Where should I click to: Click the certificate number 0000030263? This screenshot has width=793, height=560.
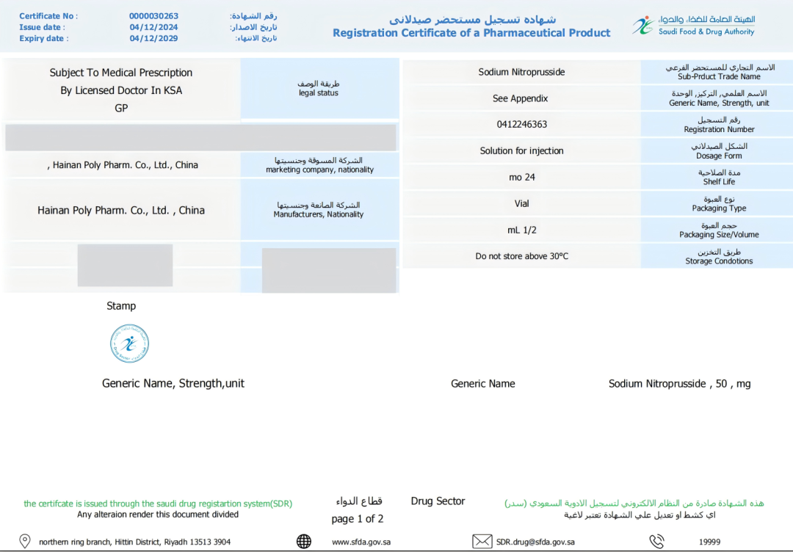point(153,16)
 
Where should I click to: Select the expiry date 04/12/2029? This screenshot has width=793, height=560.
point(153,38)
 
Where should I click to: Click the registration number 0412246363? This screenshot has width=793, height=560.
point(521,125)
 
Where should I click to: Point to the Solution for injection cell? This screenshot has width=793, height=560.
point(521,151)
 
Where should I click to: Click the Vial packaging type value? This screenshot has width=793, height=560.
point(521,203)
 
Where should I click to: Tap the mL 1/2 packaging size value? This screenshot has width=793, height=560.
point(521,230)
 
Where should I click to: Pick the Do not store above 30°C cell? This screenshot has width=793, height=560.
point(521,256)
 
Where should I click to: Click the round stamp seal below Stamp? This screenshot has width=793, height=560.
point(129,343)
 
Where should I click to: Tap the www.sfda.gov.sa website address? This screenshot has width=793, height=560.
point(361,542)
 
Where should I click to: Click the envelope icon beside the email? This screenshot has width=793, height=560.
point(482,542)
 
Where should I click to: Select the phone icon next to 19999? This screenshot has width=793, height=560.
point(656,542)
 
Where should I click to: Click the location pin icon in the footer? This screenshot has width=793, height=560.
point(24,542)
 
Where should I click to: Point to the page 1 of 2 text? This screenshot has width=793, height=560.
point(358,519)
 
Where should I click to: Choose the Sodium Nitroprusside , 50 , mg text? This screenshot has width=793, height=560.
point(679,384)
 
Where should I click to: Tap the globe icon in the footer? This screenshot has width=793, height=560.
point(304,542)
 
